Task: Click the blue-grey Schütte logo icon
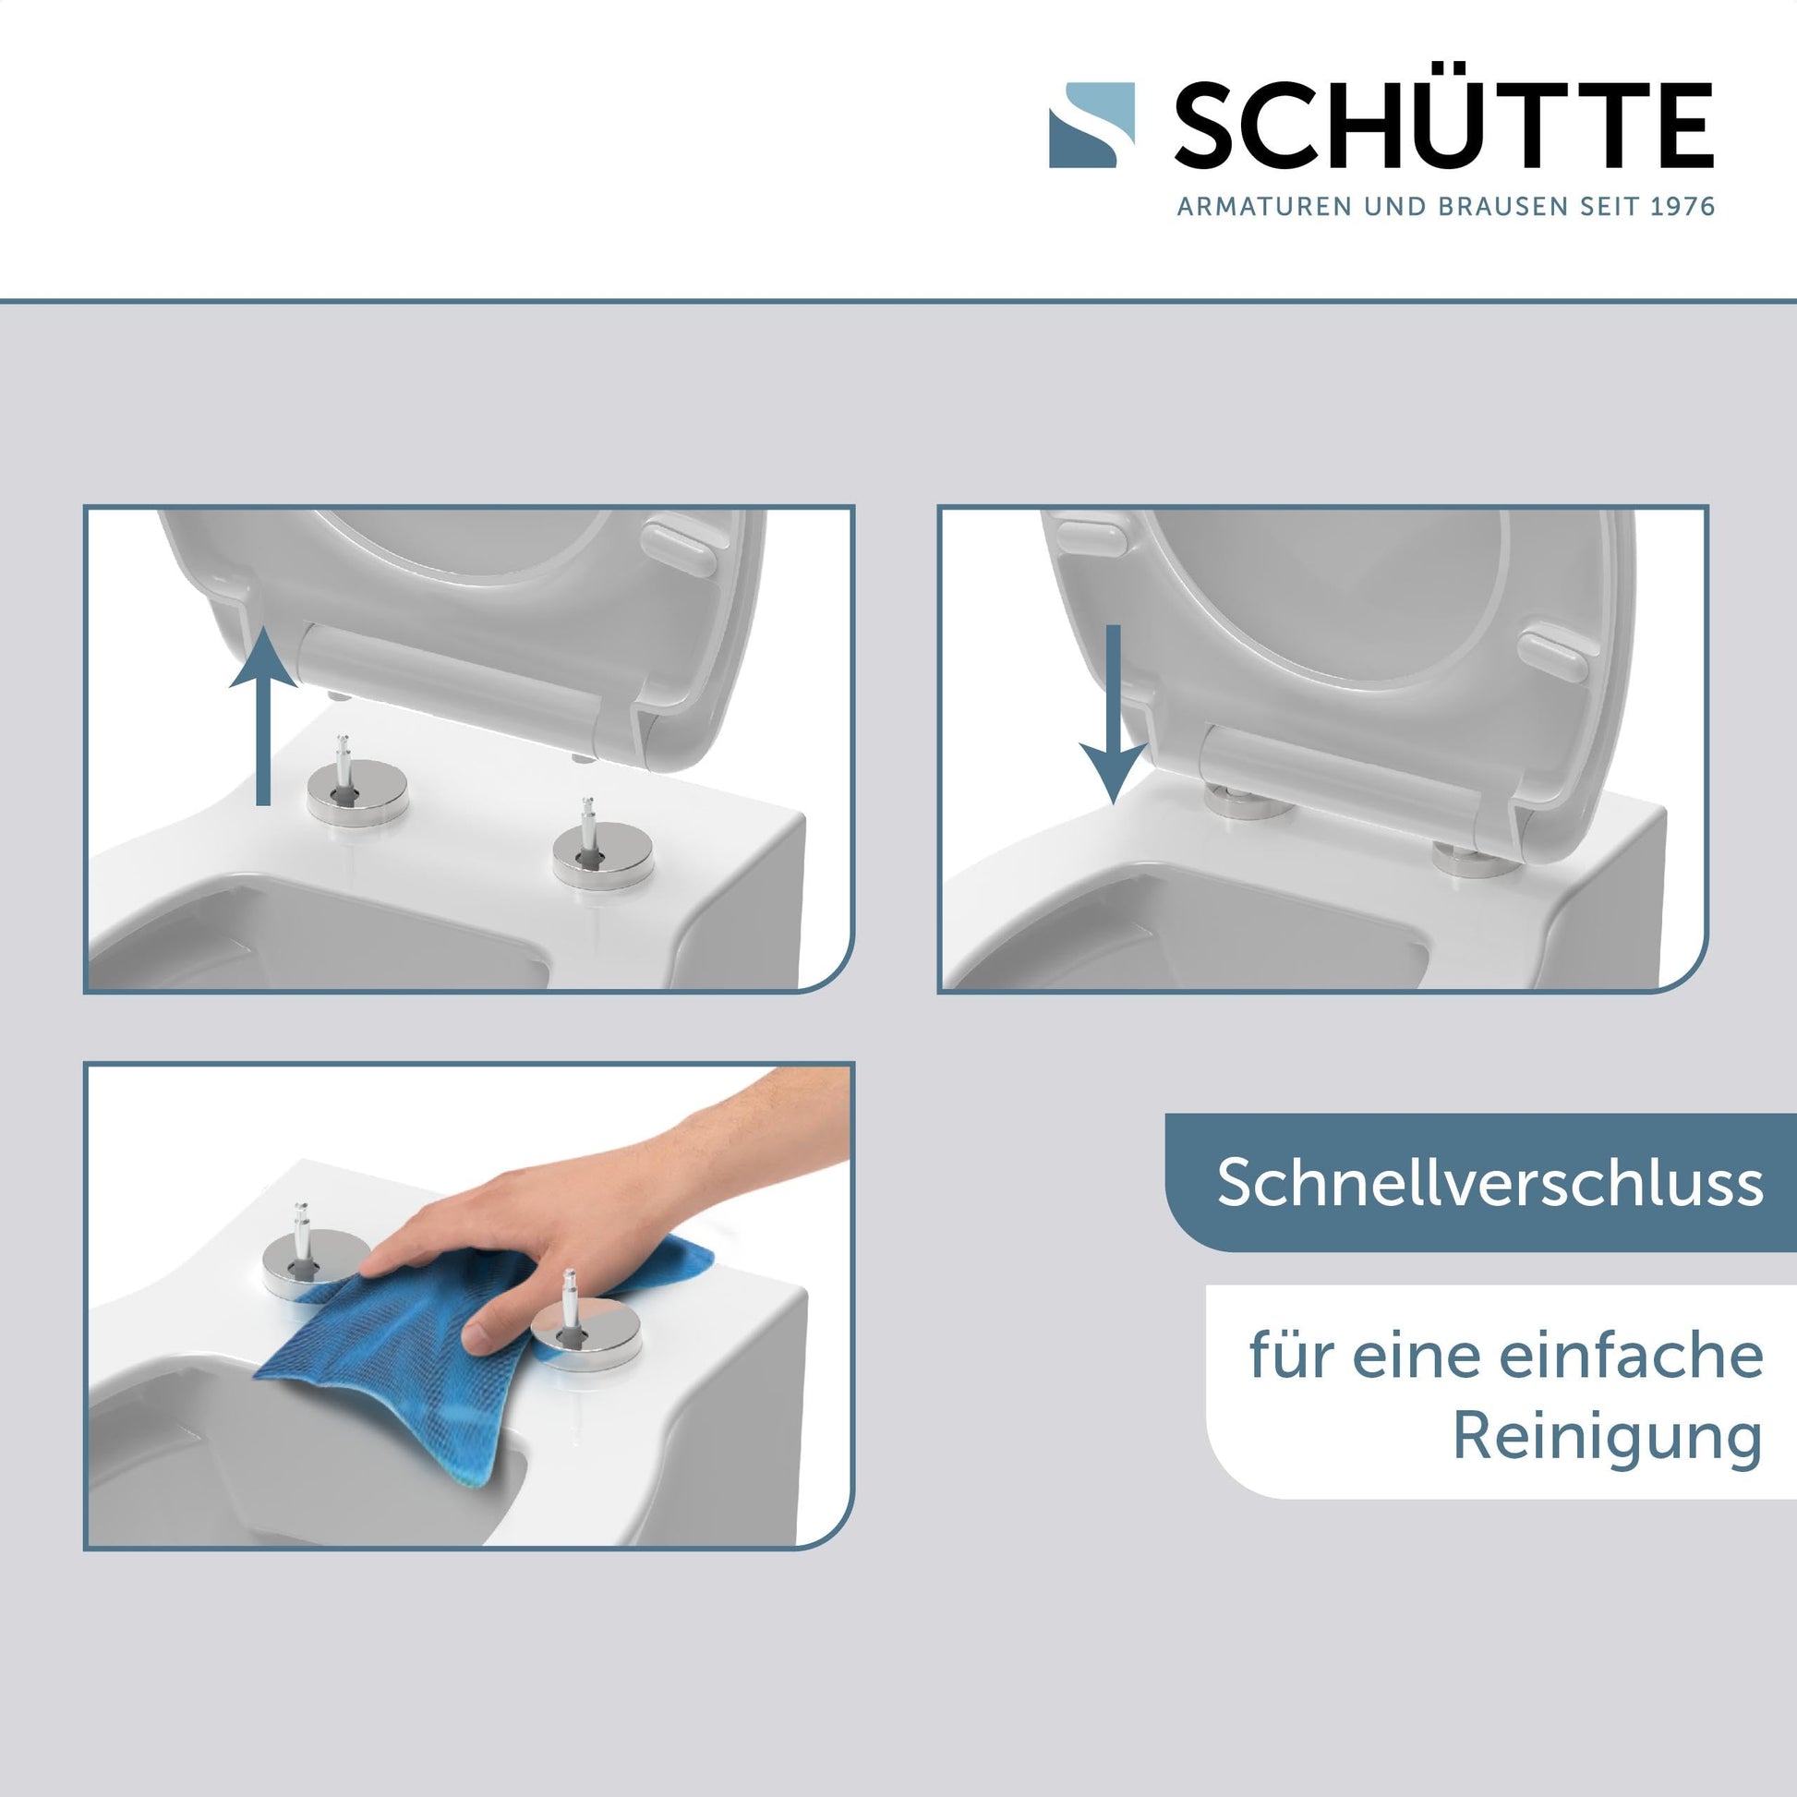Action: click(1092, 126)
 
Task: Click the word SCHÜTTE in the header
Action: click(1444, 126)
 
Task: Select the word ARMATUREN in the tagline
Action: click(1265, 206)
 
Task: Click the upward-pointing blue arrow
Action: click(263, 716)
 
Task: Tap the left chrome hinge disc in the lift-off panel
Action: click(357, 790)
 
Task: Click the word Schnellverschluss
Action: click(1490, 1182)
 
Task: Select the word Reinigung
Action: click(1609, 1436)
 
